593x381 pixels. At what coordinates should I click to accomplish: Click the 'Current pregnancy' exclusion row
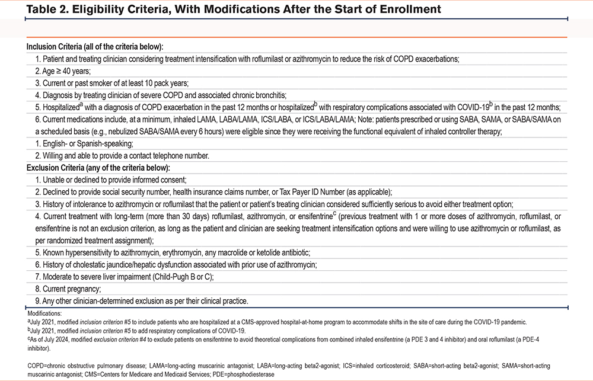pos(66,289)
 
